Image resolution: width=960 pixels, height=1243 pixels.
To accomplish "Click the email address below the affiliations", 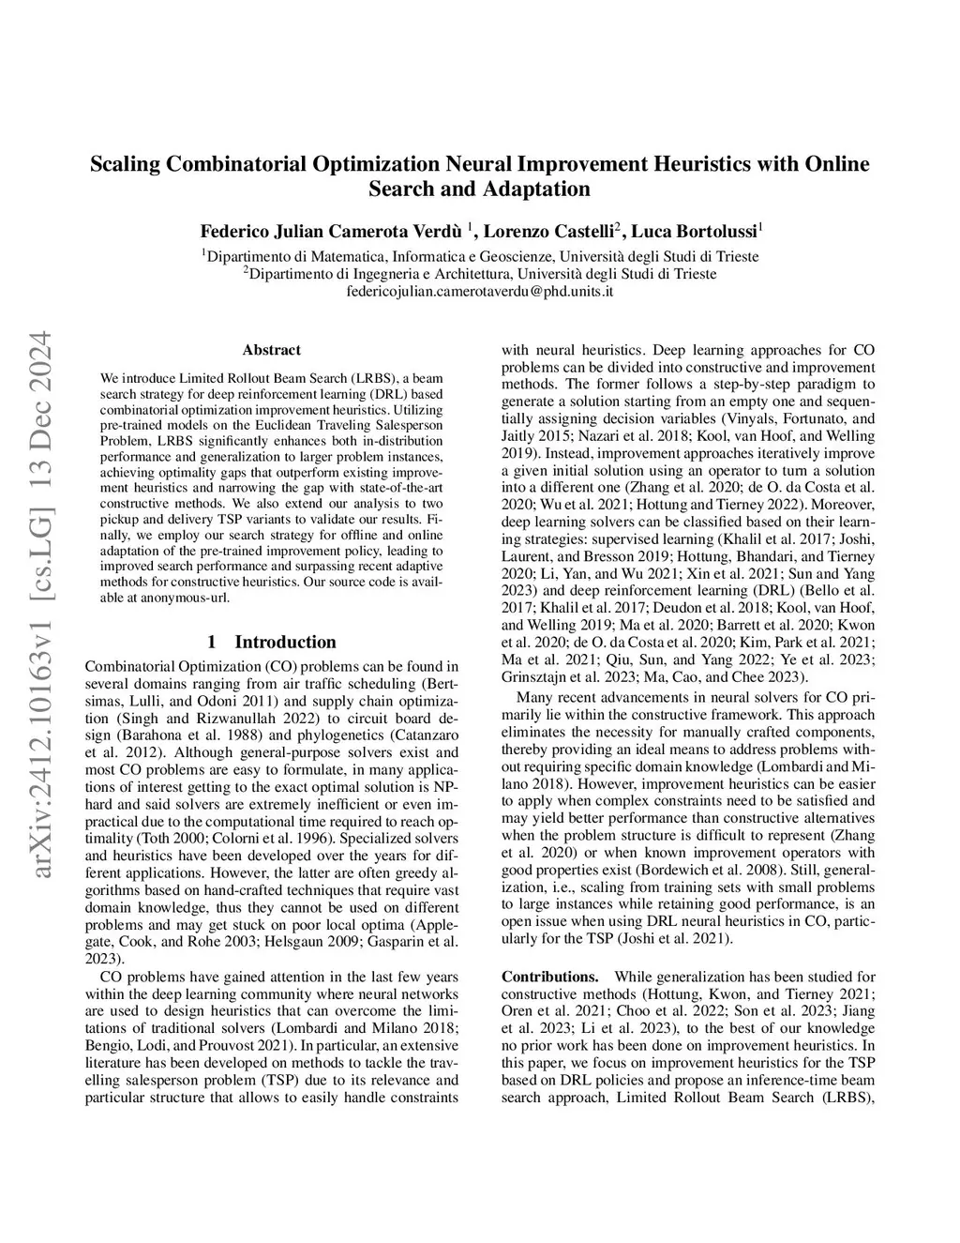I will pyautogui.click(x=479, y=291).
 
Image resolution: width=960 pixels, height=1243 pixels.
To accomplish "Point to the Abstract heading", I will pyautogui.click(x=271, y=350).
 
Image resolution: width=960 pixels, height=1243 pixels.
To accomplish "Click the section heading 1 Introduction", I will pyautogui.click(x=271, y=642).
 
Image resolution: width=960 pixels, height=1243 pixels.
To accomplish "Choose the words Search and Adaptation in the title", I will pyautogui.click(x=479, y=189).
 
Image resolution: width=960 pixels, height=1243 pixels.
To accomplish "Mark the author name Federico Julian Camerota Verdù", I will pyautogui.click(x=332, y=231).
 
